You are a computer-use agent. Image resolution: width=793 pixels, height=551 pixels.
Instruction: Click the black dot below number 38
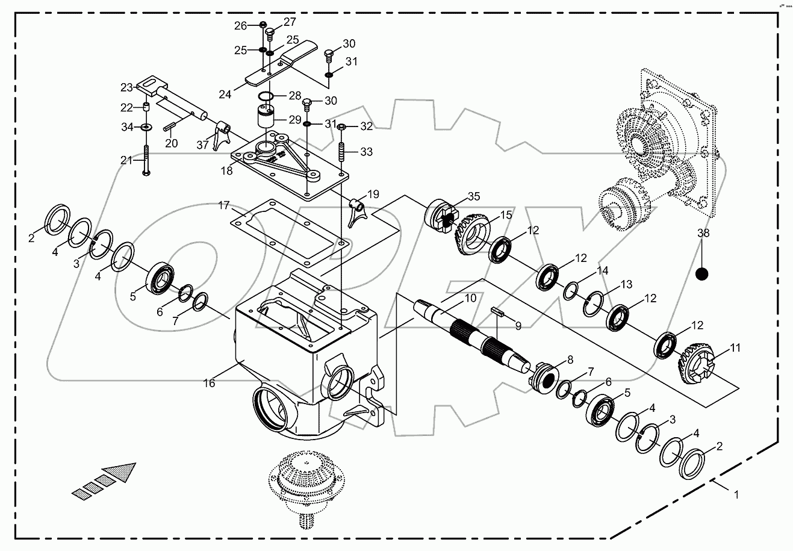(x=701, y=274)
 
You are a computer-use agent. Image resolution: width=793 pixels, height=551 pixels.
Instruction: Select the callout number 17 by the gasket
(x=224, y=206)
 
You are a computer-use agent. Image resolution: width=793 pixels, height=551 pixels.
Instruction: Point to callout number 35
(x=474, y=196)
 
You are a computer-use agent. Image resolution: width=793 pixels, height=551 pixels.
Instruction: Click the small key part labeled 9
(x=497, y=311)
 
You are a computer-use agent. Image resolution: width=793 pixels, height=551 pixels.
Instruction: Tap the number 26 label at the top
(x=241, y=25)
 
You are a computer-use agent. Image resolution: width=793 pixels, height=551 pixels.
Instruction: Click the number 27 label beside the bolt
(x=290, y=22)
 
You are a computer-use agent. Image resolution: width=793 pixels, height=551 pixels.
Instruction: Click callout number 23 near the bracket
(x=126, y=87)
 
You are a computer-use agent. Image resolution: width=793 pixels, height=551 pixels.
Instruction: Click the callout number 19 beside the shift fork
(x=373, y=194)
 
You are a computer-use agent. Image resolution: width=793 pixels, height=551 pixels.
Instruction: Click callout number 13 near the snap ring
(x=627, y=284)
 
